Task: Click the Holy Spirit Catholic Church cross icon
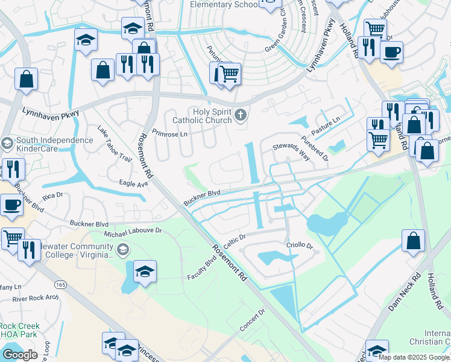point(241,115)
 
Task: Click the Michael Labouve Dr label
point(133,230)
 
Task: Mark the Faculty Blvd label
point(201,262)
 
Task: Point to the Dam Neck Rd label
point(403,295)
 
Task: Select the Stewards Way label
point(291,152)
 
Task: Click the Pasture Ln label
point(326,127)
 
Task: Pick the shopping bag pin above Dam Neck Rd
point(413,241)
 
